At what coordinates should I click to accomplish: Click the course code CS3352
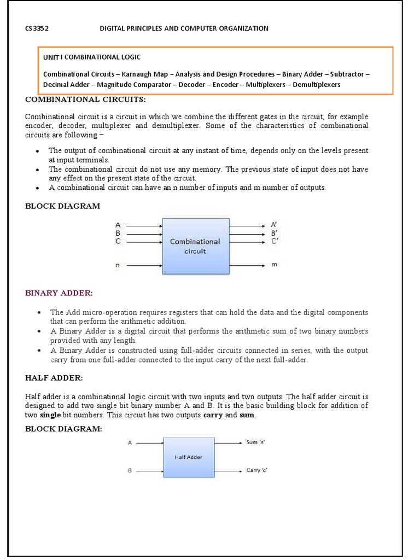[x=37, y=28]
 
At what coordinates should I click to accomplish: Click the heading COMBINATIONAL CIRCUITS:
[x=85, y=100]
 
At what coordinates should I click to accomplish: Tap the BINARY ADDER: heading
[x=59, y=293]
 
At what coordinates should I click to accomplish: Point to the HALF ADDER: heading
[x=54, y=378]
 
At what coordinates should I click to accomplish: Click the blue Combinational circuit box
[x=195, y=246]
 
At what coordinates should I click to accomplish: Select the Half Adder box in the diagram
[x=188, y=457]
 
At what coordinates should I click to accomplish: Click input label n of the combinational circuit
[x=118, y=265]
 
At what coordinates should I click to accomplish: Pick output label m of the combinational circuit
[x=275, y=265]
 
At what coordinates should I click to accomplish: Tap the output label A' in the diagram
[x=275, y=225]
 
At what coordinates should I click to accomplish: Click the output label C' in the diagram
[x=275, y=241]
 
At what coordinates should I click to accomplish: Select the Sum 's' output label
[x=255, y=442]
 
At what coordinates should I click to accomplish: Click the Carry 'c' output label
[x=256, y=470]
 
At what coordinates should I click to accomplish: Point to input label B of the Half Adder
[x=130, y=470]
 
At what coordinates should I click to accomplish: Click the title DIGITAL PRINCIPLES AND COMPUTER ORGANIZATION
[x=184, y=28]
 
